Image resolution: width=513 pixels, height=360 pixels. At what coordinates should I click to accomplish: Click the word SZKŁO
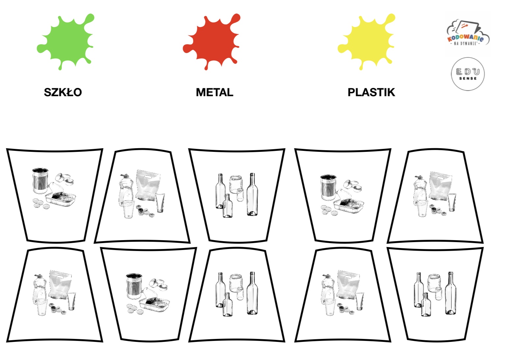63,92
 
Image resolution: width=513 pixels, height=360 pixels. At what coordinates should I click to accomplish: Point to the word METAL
215,92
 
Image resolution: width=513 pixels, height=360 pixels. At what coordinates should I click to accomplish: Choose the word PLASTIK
371,92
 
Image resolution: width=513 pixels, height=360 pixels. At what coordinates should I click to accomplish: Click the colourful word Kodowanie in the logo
466,38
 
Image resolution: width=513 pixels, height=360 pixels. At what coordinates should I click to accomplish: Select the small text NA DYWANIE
466,43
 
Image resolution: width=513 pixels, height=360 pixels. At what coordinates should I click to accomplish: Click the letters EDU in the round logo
468,72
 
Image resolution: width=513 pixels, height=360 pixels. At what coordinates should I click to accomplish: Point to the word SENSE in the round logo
468,78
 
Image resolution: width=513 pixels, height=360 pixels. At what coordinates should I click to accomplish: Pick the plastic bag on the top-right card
441,186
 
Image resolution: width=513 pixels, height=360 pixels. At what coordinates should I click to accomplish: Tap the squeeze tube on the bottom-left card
72,301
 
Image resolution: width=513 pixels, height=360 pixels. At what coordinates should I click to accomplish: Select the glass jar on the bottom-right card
434,283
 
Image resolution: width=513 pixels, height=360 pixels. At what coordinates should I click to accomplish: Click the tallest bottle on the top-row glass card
252,194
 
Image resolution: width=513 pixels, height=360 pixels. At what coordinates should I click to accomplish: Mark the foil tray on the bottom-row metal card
154,304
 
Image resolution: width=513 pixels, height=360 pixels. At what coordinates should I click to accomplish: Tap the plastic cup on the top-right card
422,208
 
